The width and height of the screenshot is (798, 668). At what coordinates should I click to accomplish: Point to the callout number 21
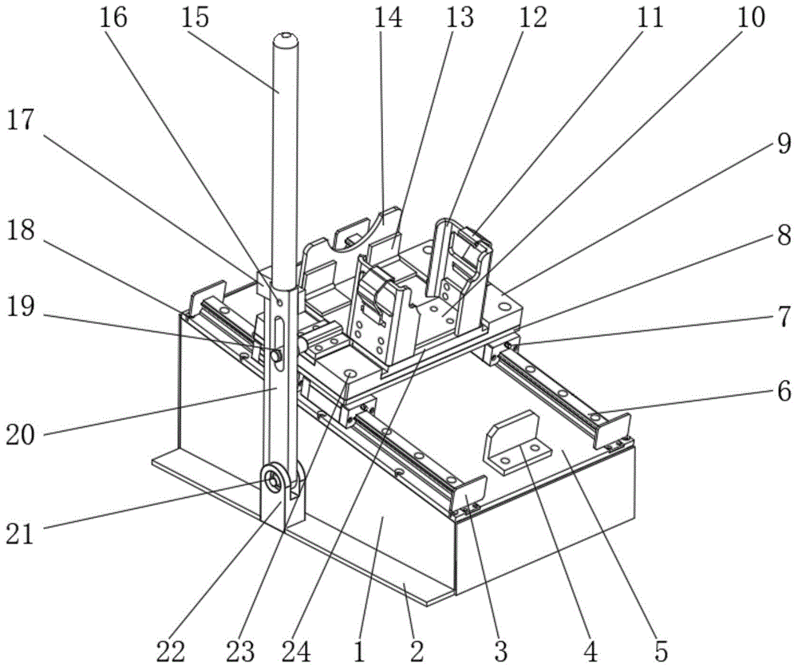click(19, 533)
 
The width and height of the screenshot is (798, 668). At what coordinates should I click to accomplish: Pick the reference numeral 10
click(751, 18)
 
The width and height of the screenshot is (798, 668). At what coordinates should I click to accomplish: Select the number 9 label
click(784, 144)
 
